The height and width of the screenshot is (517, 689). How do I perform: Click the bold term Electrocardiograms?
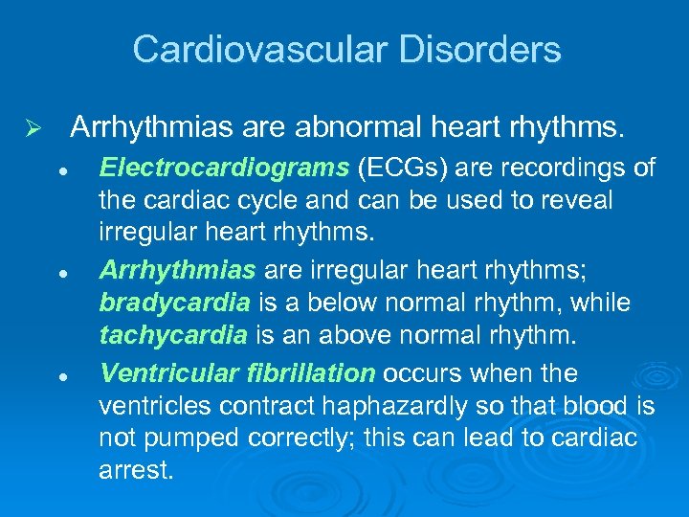coord(225,169)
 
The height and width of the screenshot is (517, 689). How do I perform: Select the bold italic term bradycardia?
coord(175,303)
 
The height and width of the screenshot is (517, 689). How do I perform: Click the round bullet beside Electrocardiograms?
coord(59,170)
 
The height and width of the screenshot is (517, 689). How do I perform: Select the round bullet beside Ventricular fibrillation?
coord(59,373)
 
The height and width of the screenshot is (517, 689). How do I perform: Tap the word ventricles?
coord(156,406)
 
